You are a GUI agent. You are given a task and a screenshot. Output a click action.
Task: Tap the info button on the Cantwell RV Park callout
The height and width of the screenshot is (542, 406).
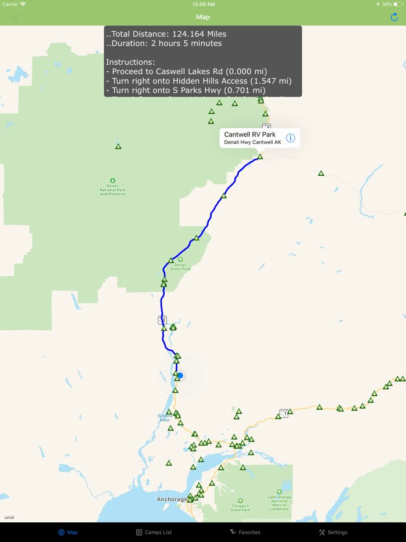point(291,138)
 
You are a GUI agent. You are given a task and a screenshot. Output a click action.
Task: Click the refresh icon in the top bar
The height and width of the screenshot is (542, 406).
point(394,17)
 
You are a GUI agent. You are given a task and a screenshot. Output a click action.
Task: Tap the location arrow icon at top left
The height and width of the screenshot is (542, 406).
point(15,17)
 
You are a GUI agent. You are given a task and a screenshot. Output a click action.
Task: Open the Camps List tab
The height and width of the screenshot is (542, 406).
point(154,532)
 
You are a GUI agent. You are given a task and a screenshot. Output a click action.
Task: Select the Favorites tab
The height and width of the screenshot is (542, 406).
point(245,532)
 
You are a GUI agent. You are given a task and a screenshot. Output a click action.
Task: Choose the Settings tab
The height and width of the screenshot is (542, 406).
point(333,532)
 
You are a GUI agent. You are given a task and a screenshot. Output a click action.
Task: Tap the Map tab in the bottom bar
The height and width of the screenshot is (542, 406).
point(68,532)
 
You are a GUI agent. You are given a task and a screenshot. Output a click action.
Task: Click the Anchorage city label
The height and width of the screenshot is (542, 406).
point(172,499)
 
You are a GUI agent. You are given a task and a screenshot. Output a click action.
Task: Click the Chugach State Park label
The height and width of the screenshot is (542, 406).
point(240,507)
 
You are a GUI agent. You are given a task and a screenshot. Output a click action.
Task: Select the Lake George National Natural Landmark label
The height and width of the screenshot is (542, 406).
point(279,503)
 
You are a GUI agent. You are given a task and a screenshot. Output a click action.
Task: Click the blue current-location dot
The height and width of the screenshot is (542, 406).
point(180,375)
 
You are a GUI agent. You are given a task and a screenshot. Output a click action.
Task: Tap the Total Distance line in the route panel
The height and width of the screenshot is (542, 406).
point(166,34)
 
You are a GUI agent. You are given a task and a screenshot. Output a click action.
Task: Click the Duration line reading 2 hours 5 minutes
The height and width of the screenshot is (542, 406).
point(164,44)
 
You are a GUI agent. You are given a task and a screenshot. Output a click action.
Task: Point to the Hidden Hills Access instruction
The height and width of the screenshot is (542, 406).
point(199,81)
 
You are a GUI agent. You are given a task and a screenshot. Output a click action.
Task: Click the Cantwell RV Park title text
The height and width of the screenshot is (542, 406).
point(250,135)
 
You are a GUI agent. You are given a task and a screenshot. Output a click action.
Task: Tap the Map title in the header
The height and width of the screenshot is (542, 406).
point(202,17)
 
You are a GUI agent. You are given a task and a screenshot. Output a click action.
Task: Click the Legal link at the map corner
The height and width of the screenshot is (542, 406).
point(9,516)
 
